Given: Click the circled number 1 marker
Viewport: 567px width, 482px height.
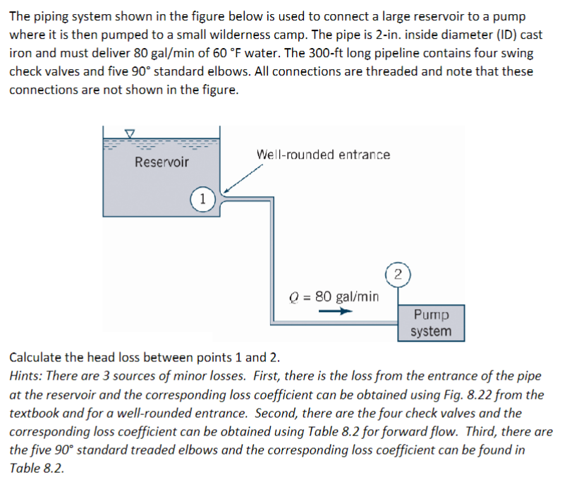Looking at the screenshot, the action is click(x=202, y=198).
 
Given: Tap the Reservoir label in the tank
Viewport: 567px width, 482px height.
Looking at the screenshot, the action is click(x=161, y=162).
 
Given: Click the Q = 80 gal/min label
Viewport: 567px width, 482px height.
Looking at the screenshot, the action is click(x=335, y=296).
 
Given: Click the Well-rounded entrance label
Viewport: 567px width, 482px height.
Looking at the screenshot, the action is click(x=323, y=155).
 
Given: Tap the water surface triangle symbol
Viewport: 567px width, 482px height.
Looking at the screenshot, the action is click(x=130, y=133).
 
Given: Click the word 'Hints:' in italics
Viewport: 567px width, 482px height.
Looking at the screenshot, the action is click(x=26, y=376).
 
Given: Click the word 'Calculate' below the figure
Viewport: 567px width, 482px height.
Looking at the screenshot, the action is click(x=37, y=357).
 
